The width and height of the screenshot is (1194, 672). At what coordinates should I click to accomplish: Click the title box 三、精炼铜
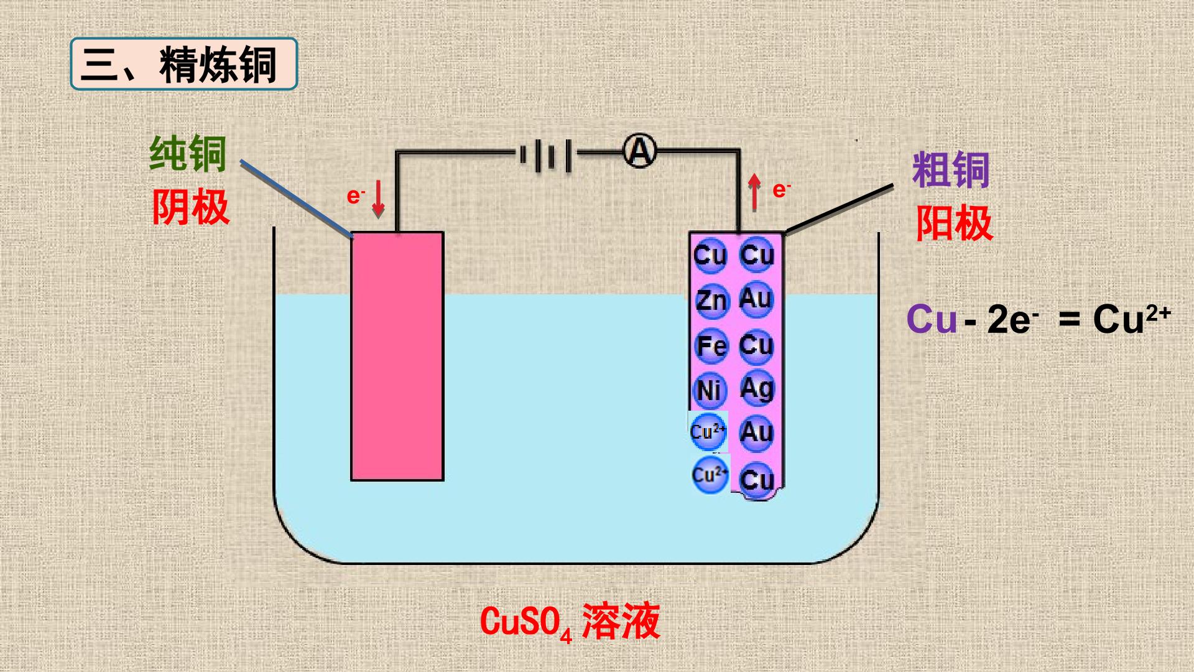[184, 64]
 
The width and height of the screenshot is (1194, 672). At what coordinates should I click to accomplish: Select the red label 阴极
[191, 207]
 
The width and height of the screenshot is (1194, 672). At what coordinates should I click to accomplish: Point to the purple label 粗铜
[951, 169]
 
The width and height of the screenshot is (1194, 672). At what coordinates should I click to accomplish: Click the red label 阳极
[954, 223]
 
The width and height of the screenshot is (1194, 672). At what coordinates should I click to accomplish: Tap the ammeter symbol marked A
[640, 151]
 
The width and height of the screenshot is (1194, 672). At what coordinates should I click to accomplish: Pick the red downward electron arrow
[378, 199]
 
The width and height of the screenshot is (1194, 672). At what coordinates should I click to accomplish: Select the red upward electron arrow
[754, 192]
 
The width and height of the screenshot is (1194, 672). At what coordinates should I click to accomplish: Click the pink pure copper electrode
[397, 356]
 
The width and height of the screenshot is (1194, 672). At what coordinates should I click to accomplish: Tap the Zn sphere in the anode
[711, 301]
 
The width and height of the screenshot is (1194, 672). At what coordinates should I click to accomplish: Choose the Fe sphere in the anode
[711, 346]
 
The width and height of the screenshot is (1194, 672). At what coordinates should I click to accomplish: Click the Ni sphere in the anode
[710, 390]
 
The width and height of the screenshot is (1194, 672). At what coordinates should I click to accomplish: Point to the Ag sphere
[757, 388]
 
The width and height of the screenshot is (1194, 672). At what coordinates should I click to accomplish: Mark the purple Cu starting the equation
[932, 319]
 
